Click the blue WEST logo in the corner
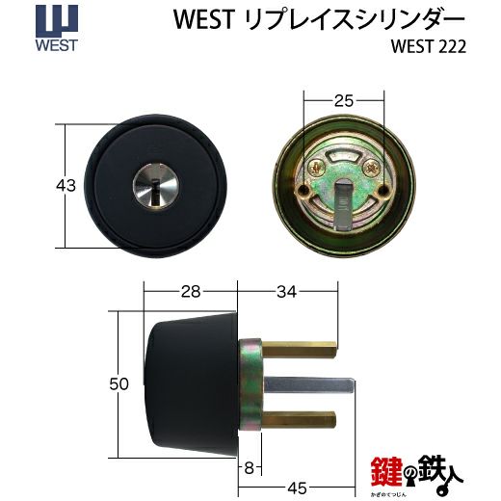pyautogui.click(x=57, y=28)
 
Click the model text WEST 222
pyautogui.click(x=428, y=47)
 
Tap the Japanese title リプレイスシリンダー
pyautogui.click(x=355, y=19)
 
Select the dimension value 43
pyautogui.click(x=66, y=186)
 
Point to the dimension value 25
pyautogui.click(x=344, y=101)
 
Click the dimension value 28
pyautogui.click(x=191, y=292)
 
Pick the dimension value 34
pyautogui.click(x=286, y=292)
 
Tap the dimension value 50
pyautogui.click(x=119, y=383)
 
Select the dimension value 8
pyautogui.click(x=249, y=468)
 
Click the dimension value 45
pyautogui.click(x=298, y=488)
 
